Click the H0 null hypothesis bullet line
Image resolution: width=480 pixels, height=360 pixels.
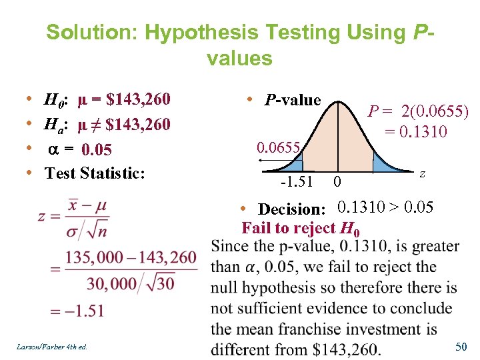(x=107, y=101)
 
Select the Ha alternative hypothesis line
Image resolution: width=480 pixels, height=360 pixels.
(x=107, y=125)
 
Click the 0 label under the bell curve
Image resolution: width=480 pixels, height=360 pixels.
(x=338, y=181)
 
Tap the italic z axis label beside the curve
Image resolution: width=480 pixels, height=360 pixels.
(x=423, y=173)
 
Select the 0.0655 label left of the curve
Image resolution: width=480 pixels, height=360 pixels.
(x=280, y=147)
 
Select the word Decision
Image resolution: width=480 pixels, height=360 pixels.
(x=291, y=209)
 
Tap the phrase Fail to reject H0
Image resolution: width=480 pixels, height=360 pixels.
(x=301, y=229)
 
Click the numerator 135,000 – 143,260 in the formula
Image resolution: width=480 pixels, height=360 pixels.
(x=131, y=257)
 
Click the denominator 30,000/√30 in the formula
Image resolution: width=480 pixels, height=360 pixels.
(x=131, y=283)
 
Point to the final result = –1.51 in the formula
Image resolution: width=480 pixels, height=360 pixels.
(x=77, y=311)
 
